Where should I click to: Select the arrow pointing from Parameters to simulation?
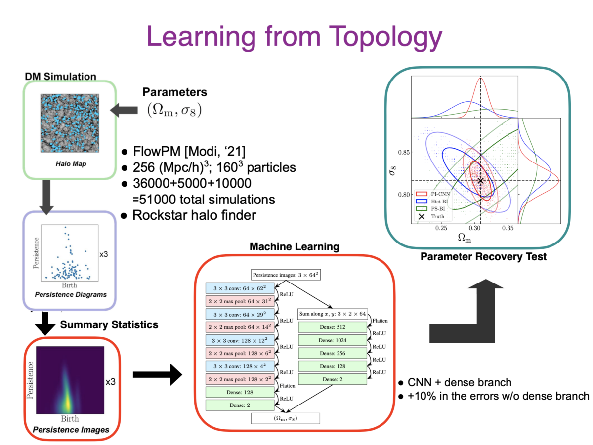pos(123,111)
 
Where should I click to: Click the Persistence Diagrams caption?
pos(70,294)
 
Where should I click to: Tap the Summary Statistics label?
pos(109,324)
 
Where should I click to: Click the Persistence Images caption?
pos(71,429)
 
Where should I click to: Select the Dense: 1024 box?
pos(333,340)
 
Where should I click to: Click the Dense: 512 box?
pos(333,327)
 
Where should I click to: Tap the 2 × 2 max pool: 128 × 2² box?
pos(240,379)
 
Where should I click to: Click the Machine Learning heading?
pos(287,246)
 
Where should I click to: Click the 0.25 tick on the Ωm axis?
pos(441,229)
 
